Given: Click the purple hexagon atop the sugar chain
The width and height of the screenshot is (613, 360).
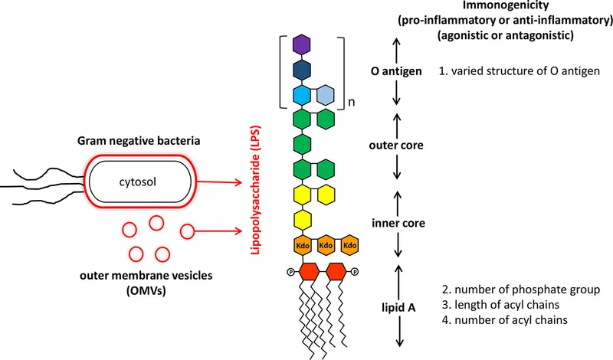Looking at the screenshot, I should click(302, 45).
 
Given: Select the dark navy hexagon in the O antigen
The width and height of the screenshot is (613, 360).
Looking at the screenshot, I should click(302, 70).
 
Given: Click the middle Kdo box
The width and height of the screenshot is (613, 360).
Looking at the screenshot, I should click(326, 246).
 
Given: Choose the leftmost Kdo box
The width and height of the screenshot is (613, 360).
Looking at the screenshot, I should click(302, 246).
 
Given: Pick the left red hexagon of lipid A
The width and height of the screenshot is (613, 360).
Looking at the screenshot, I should click(309, 271).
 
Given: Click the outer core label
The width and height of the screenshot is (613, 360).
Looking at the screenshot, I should click(397, 143).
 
